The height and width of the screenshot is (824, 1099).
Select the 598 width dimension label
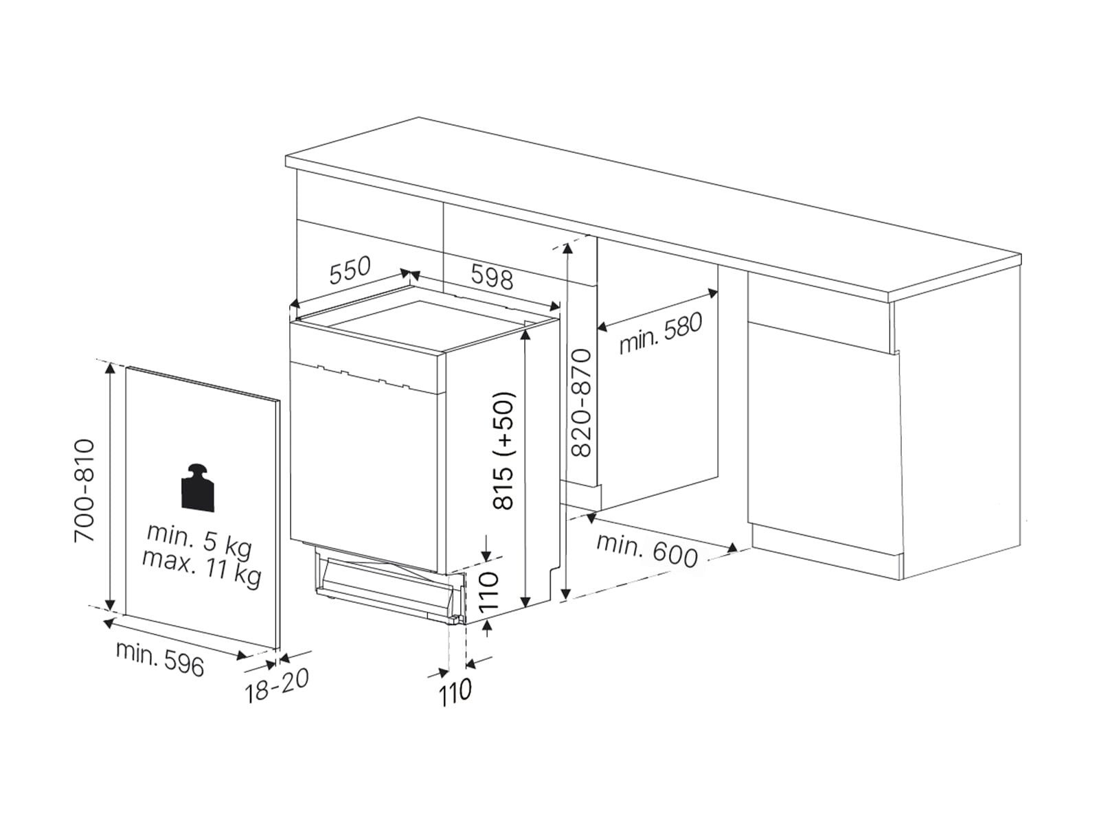[492, 278]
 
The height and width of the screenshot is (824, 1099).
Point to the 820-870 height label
[582, 402]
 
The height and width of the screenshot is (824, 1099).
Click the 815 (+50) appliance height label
[503, 450]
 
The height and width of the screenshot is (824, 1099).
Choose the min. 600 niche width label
[647, 550]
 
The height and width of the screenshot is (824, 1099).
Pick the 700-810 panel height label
[84, 490]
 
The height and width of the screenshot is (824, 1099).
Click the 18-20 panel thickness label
[276, 685]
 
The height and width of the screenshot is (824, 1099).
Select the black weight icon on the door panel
[198, 488]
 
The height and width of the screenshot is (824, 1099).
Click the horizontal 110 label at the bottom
[455, 692]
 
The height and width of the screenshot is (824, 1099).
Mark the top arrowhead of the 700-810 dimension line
[110, 369]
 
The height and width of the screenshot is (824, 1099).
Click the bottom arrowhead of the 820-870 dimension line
[566, 593]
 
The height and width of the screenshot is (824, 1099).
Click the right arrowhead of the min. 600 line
[732, 548]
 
